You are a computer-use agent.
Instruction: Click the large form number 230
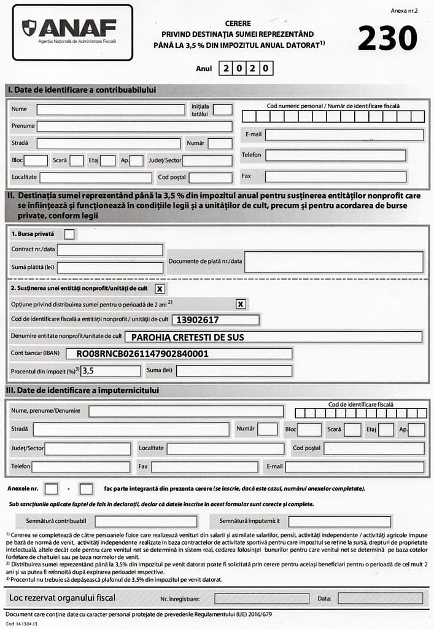[x=387, y=39]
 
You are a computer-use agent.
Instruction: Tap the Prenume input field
[x=134, y=126]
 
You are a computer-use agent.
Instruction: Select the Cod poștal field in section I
[x=210, y=178]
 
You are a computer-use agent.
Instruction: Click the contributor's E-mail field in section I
[x=344, y=135]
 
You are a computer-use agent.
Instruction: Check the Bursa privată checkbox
[x=70, y=233]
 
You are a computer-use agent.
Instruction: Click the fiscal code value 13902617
[x=198, y=320]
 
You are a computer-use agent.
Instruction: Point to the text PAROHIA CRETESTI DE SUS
[x=188, y=337]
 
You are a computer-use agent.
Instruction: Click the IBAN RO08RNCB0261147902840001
[x=142, y=354]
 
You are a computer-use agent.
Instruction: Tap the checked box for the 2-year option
[x=241, y=303]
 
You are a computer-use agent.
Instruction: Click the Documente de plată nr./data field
[x=334, y=262]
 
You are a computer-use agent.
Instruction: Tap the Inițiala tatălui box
[x=223, y=110]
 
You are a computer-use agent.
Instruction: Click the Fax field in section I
[x=335, y=177]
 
